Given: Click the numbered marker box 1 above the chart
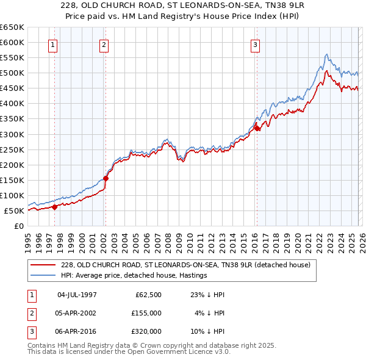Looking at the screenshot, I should coord(52,44).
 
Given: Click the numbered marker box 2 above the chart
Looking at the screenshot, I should coord(104,44).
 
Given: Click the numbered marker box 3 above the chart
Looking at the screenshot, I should coord(254,44).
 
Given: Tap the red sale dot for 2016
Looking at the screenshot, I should coord(257,128).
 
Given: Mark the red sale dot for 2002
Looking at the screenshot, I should coord(106,178).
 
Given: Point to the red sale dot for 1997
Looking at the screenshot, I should coord(54,207).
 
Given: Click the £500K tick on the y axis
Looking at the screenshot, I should coord(12,73).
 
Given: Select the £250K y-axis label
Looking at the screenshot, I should coord(12,149).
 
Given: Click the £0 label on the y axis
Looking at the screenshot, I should coord(18,226).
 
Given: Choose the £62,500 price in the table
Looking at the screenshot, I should coord(148,294).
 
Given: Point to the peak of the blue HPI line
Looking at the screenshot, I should coord(327,54).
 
